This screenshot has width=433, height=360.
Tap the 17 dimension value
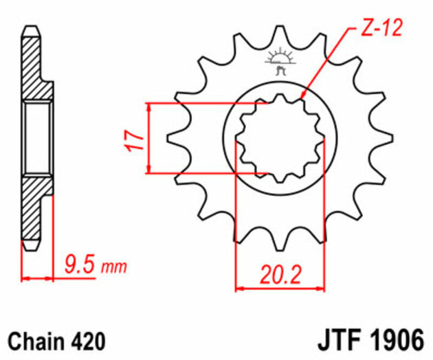point(136,139)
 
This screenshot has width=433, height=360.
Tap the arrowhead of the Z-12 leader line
point(303,94)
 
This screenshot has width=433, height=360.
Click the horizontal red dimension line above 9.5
point(38,278)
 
